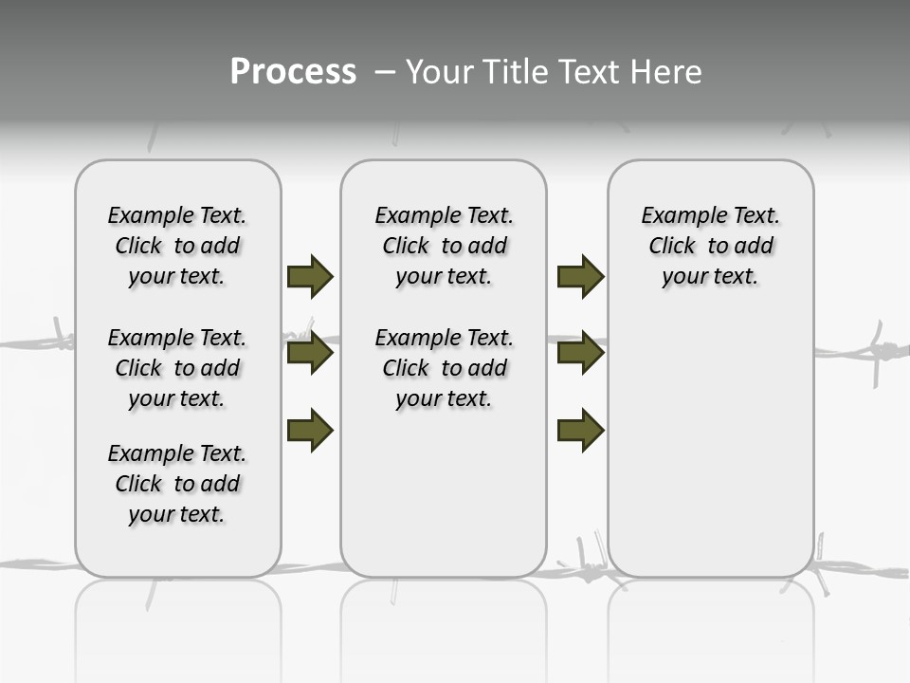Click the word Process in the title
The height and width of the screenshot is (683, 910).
(293, 72)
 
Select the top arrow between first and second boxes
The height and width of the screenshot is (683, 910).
(310, 276)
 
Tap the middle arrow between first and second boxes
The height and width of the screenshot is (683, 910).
(310, 354)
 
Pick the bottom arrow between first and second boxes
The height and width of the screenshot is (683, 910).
(310, 431)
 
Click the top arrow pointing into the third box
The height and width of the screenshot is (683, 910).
(580, 276)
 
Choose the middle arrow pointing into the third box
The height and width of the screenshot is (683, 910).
(580, 354)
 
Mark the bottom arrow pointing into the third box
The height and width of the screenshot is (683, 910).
(580, 431)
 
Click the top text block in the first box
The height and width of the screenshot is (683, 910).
(177, 246)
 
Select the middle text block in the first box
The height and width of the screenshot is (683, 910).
(177, 368)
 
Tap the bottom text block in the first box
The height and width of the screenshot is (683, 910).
(177, 484)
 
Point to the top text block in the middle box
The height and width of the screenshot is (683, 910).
(444, 246)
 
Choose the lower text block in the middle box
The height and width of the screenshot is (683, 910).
(444, 368)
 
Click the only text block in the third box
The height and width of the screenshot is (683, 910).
(710, 246)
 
